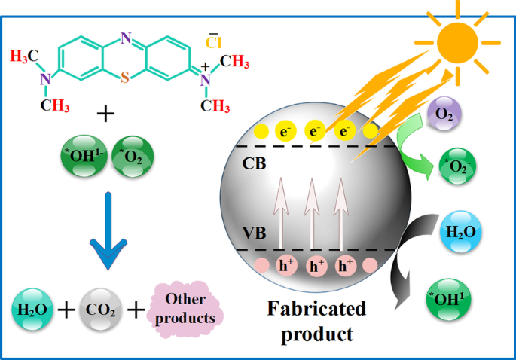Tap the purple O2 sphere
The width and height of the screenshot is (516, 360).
coord(441,117)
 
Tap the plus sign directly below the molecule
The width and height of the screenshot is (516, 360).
coord(107,114)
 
